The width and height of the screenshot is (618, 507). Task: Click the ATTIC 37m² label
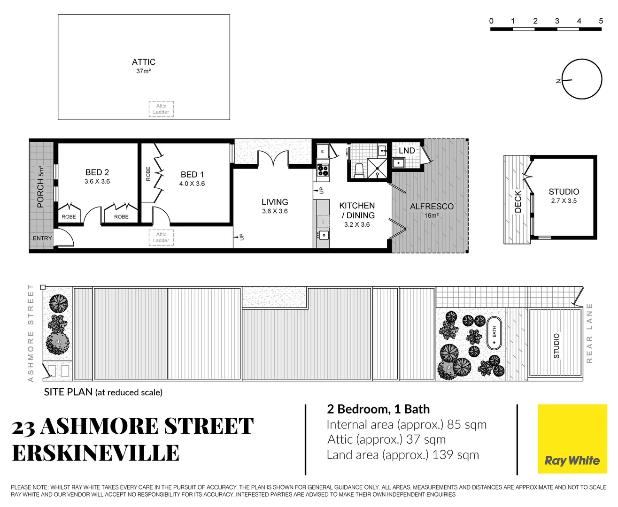point(143,66)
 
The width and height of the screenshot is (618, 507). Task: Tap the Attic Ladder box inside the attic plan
point(161,109)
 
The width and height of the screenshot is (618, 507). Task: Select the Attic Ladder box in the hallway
point(161,238)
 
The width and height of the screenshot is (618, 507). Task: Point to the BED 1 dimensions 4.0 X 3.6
point(192,184)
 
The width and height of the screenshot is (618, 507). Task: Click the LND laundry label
point(407,151)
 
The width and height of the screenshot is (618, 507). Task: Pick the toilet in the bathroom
point(359,169)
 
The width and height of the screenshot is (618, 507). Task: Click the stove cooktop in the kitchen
point(323,170)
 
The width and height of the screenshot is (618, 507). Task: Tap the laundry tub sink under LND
point(399,163)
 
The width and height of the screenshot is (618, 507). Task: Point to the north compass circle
point(582,79)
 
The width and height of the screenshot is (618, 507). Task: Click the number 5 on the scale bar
point(601,21)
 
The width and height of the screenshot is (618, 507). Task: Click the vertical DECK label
point(518,201)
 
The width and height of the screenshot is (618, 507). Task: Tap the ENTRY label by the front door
point(42,238)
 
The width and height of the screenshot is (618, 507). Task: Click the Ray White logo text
point(572,461)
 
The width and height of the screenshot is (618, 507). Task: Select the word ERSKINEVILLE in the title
point(96,453)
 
